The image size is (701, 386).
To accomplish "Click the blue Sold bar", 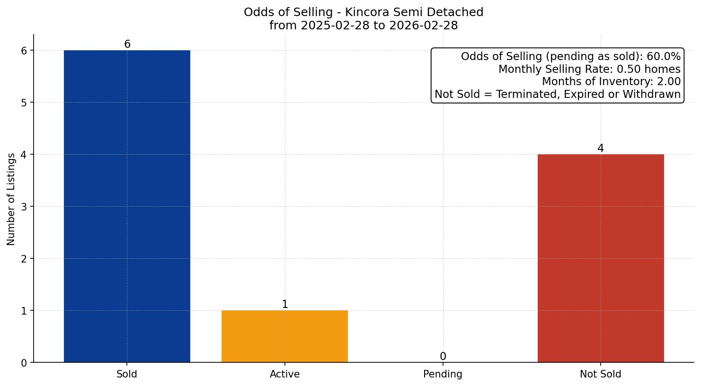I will coord(127,206).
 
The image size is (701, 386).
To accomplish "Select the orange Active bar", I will coord(284,336).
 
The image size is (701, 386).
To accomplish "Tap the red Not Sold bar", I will coord(601,258).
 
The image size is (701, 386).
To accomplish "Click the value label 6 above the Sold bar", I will coord(127,44).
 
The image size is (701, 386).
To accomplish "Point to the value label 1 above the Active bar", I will coord(284,305).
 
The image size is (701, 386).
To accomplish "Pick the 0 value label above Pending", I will coord(443,357).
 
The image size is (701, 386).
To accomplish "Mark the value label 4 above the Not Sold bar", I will coord(601,149).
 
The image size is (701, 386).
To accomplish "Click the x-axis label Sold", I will coord(127,374).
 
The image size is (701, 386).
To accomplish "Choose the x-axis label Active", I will coord(284,374).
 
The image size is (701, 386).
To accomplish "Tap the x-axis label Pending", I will coord(443,374).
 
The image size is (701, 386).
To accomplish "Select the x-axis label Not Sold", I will coord(601,374).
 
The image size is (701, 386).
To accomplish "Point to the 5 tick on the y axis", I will coord(25,103).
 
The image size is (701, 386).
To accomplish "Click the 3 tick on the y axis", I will coord(25,207).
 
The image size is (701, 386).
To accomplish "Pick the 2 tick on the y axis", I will coord(25,259).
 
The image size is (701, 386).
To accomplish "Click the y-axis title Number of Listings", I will coord(11,199).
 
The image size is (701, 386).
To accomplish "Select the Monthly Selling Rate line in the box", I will coord(589,70).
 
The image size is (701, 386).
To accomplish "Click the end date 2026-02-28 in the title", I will coord(423,26).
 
